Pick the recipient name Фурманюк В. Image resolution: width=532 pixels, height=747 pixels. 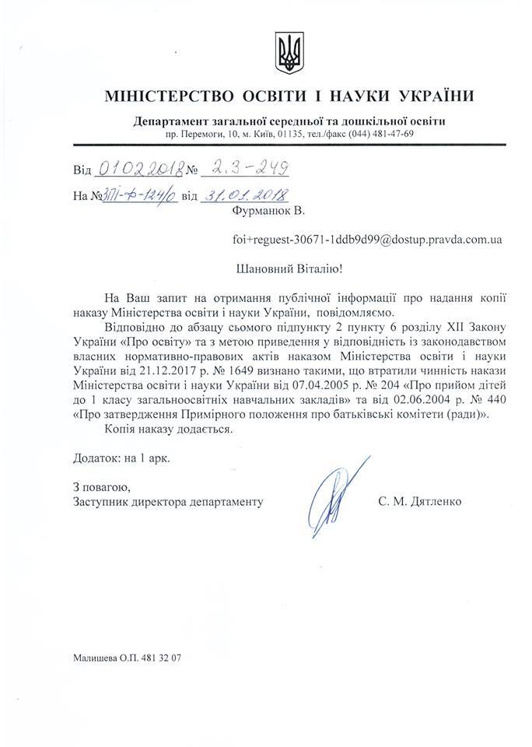pos(265,211)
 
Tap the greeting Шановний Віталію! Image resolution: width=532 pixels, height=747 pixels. pos(288,269)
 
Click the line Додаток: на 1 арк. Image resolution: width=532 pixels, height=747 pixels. pos(121,458)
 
